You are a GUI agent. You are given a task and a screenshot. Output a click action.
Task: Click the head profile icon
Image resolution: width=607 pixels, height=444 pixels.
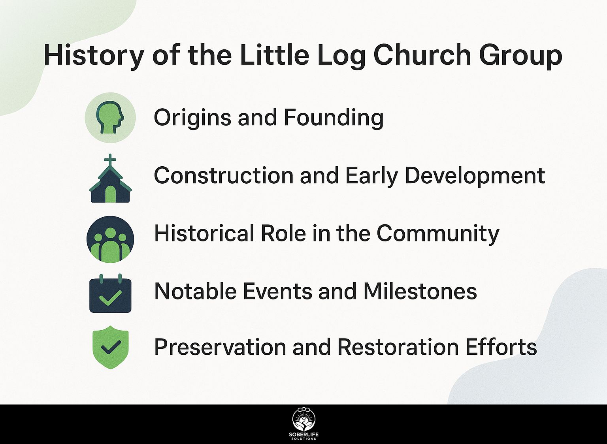(x=110, y=117)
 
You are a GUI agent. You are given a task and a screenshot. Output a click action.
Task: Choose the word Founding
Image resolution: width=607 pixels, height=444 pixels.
(x=334, y=118)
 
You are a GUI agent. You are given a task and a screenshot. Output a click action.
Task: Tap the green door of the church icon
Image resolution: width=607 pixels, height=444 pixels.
(x=110, y=194)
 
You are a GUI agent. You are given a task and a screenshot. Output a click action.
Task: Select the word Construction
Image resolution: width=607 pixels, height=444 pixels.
(x=224, y=175)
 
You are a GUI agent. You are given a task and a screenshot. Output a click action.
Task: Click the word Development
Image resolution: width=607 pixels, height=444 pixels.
(x=475, y=176)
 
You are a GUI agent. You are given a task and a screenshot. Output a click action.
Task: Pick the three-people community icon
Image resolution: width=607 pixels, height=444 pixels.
(x=110, y=239)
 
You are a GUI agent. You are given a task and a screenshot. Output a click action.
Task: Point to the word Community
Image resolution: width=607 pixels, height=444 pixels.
(x=438, y=234)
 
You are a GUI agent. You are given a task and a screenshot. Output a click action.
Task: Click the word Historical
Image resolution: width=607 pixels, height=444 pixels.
(x=205, y=233)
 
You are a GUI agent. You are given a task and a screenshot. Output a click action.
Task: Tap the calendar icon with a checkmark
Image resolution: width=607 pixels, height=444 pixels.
(x=110, y=293)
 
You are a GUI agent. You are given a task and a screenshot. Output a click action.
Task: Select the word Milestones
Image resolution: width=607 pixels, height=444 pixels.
(x=420, y=292)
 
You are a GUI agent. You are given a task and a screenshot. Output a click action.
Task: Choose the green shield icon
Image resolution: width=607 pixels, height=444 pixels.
(x=111, y=347)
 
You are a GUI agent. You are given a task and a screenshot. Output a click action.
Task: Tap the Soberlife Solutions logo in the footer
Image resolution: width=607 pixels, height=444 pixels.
(x=304, y=424)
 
